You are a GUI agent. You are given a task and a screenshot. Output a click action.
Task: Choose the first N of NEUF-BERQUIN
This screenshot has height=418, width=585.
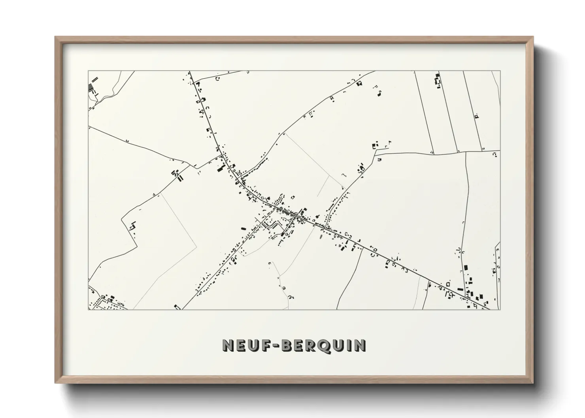tap(228, 345)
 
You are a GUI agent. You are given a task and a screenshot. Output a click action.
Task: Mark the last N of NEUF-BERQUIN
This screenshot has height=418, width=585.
tap(360, 345)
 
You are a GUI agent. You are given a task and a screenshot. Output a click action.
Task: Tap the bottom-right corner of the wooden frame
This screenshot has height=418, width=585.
tap(533, 383)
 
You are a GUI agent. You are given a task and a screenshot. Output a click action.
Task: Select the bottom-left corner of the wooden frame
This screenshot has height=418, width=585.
tap(55, 383)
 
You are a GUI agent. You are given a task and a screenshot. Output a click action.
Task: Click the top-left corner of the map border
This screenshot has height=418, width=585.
tap(88, 71)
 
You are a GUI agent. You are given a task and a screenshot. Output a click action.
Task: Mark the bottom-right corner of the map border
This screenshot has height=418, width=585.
tap(500, 310)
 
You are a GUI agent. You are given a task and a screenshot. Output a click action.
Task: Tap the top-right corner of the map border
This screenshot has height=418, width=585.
tap(500, 71)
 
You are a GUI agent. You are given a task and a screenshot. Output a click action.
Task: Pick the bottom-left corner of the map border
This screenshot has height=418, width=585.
tap(88, 310)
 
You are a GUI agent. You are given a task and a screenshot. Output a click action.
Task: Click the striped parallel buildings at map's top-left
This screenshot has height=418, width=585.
tap(92, 86)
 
